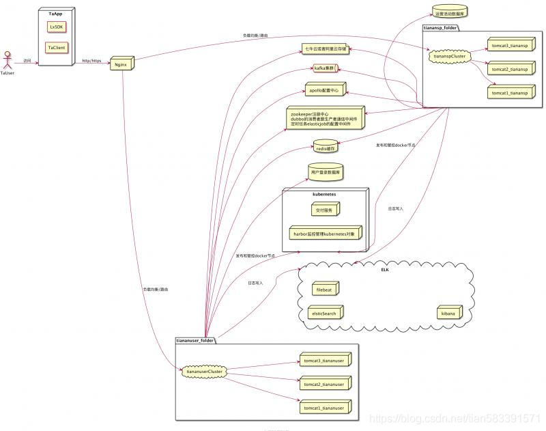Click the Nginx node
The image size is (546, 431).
pos(121,64)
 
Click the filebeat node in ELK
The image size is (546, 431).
pos(324,289)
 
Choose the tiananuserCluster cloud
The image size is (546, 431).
pos(203,372)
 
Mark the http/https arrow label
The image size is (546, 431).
pos(91,60)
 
